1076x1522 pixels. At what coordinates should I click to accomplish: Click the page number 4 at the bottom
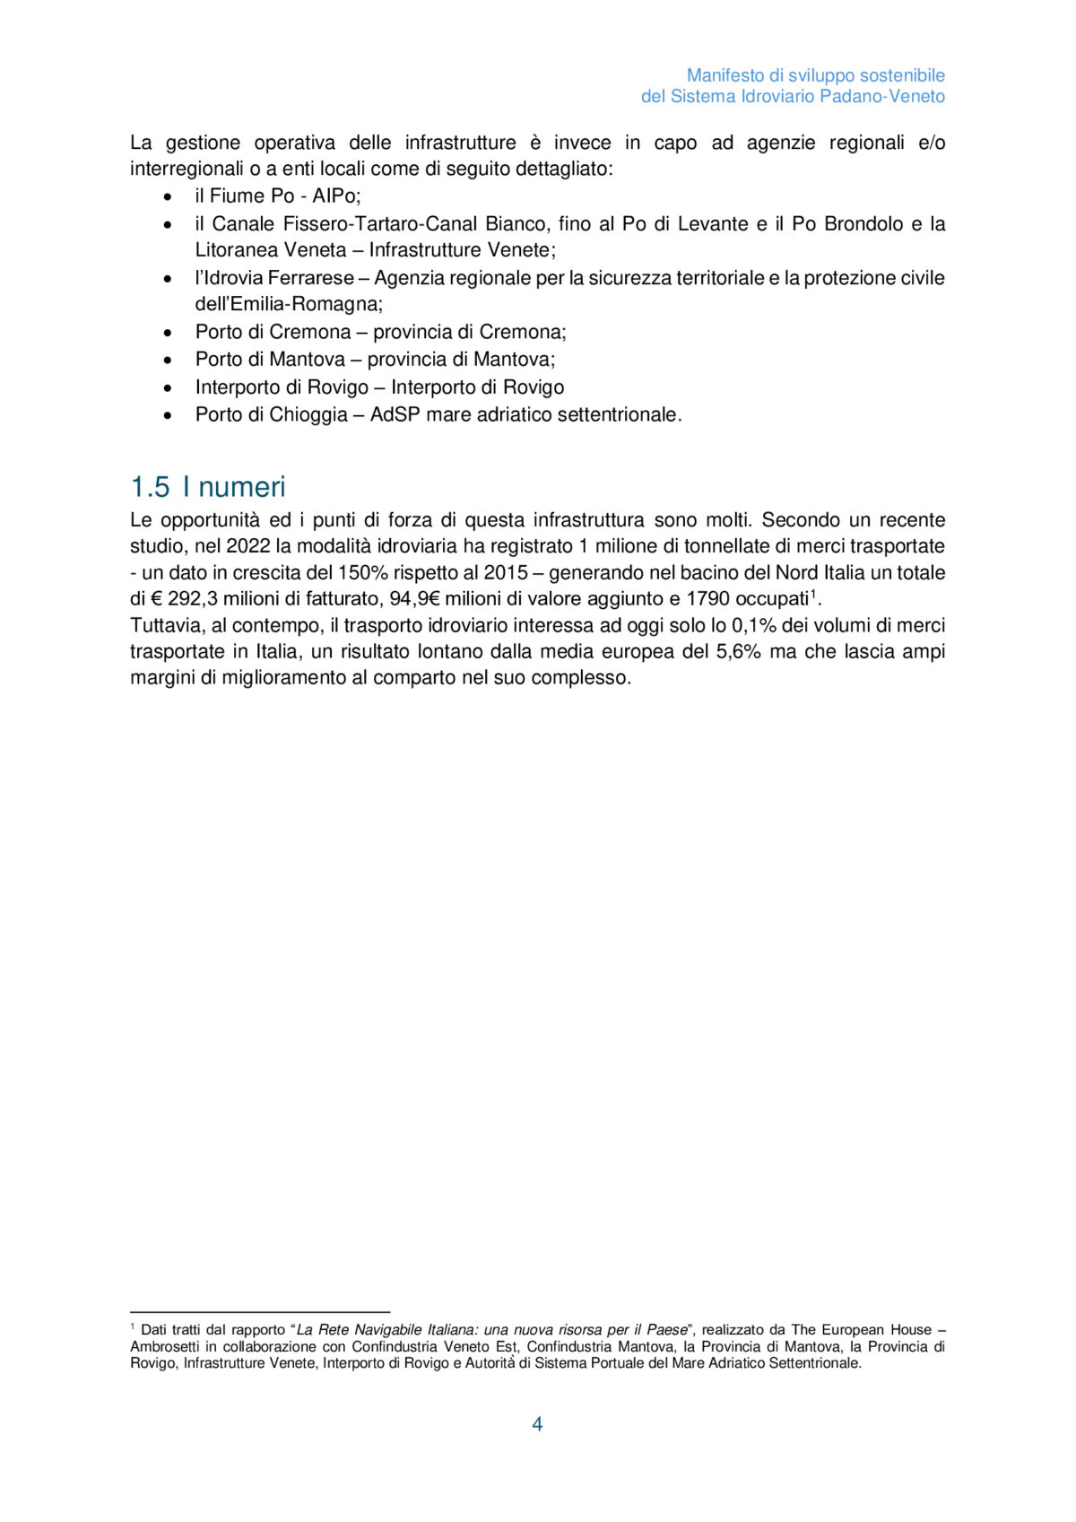pyautogui.click(x=537, y=1424)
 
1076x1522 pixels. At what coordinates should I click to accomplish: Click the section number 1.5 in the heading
pyautogui.click(x=150, y=487)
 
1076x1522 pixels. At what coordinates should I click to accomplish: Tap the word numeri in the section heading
pyautogui.click(x=242, y=487)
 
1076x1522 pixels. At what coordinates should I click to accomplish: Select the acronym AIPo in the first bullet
pyautogui.click(x=334, y=196)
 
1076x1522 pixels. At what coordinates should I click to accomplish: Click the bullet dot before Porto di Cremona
pyautogui.click(x=168, y=333)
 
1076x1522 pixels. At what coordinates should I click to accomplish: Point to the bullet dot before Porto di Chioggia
pyautogui.click(x=168, y=415)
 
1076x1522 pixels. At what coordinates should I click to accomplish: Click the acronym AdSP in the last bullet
pyautogui.click(x=395, y=414)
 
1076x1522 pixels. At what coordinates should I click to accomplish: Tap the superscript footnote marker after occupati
pyautogui.click(x=813, y=593)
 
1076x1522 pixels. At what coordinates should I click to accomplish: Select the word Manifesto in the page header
pyautogui.click(x=725, y=75)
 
